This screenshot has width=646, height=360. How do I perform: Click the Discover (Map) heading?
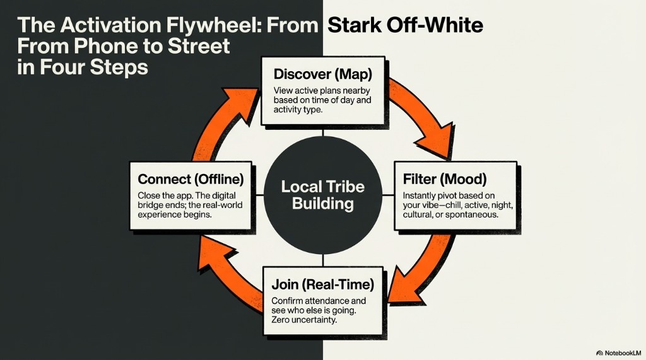(323, 74)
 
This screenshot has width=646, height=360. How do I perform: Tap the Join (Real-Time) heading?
(322, 285)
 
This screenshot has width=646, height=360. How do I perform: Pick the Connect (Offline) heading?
(191, 179)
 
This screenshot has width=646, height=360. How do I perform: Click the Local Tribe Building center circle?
(322, 195)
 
